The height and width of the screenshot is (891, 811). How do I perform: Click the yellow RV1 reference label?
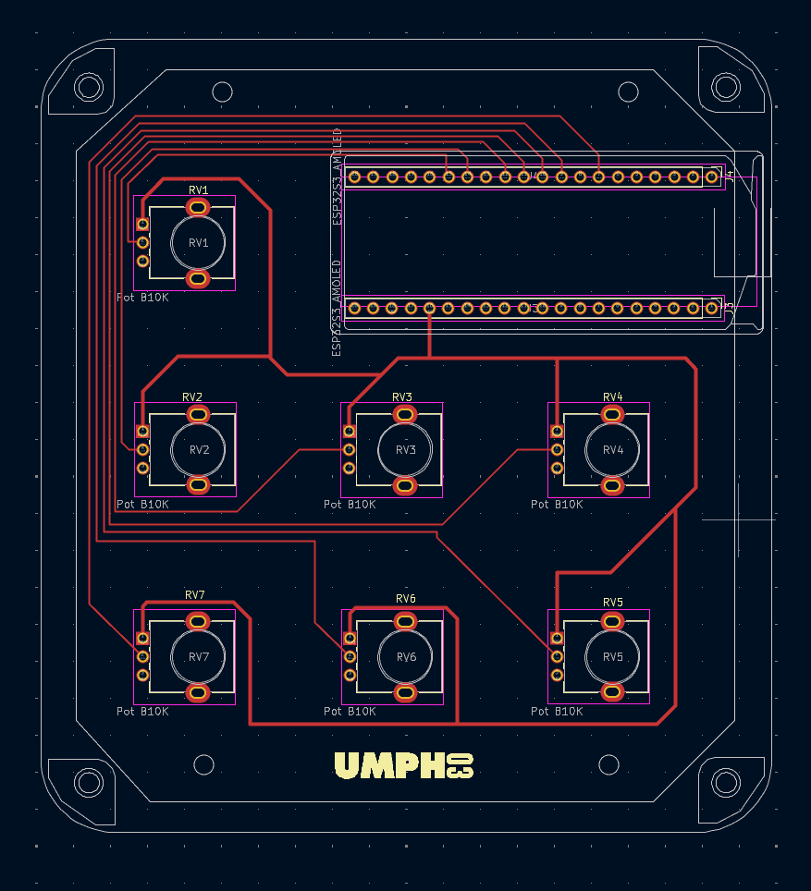click(x=199, y=190)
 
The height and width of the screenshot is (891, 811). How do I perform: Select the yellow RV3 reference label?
click(x=402, y=397)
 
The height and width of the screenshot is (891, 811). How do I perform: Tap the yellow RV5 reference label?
click(x=613, y=603)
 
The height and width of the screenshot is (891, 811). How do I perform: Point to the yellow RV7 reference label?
click(x=195, y=595)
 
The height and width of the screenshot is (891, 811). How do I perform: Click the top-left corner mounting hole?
click(x=89, y=88)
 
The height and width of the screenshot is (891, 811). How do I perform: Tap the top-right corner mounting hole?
click(x=725, y=88)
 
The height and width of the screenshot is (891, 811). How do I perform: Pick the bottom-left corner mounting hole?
click(x=89, y=783)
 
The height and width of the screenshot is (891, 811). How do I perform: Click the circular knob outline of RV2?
click(x=198, y=449)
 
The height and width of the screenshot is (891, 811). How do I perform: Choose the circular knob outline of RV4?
click(x=612, y=449)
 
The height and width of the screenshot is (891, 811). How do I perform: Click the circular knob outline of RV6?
click(x=405, y=656)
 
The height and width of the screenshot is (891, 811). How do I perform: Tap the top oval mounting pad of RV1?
click(x=198, y=208)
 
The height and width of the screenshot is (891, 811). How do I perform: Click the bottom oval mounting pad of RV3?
click(x=405, y=484)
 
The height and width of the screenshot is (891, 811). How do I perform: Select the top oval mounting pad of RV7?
click(x=198, y=621)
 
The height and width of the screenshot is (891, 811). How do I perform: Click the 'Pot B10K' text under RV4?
click(x=557, y=505)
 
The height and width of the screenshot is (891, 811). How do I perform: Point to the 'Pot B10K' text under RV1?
click(x=142, y=298)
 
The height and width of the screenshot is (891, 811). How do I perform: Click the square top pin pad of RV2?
click(x=142, y=431)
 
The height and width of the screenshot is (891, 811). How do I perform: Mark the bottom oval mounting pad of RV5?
click(x=612, y=691)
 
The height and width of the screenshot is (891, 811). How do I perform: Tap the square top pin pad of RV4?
click(x=557, y=431)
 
